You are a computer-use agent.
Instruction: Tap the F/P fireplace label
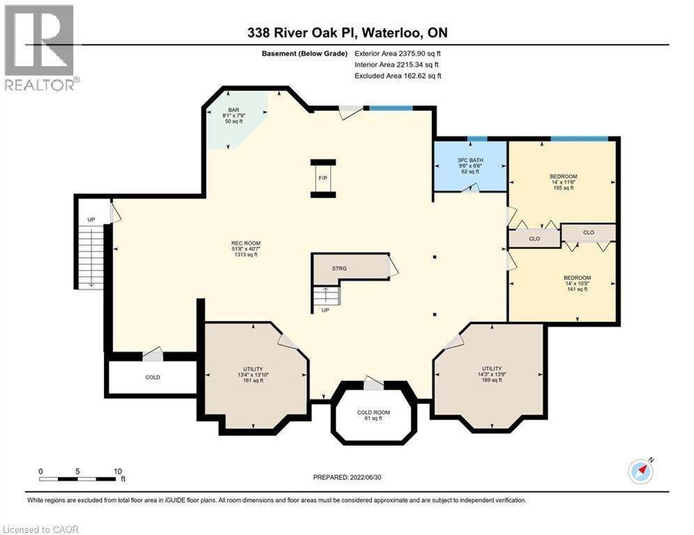pos(322,178)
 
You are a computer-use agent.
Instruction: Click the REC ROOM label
pos(245,249)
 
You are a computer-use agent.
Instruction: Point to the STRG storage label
pos(339,268)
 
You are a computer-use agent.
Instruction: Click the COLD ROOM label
pos(373,414)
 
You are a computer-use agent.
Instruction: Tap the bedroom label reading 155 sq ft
pos(563,182)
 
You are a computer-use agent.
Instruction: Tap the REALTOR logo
pos(40,47)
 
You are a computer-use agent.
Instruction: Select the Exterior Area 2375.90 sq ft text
pos(398,53)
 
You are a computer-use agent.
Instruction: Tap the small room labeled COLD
pos(152,377)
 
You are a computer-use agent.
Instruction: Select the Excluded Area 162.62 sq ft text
pos(398,76)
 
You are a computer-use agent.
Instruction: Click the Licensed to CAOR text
pos(40,529)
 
